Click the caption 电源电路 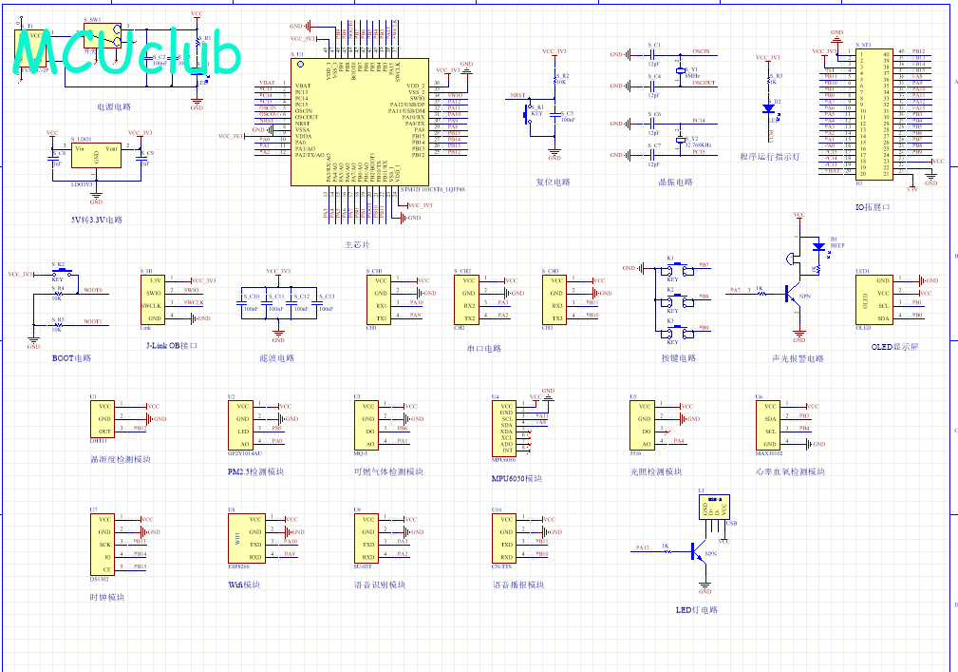coord(114,107)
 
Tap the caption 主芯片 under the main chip coord(356,244)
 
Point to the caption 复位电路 coord(554,182)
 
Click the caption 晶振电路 coord(675,182)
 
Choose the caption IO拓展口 coord(873,206)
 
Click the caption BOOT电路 coord(71,358)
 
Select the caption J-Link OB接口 coord(172,346)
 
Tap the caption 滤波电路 coord(276,358)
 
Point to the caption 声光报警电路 coord(798,358)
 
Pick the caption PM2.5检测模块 coord(258,471)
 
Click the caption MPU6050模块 coord(517,478)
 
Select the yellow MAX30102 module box coord(770,425)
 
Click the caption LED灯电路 coord(696,610)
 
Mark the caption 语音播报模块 coord(517,585)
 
